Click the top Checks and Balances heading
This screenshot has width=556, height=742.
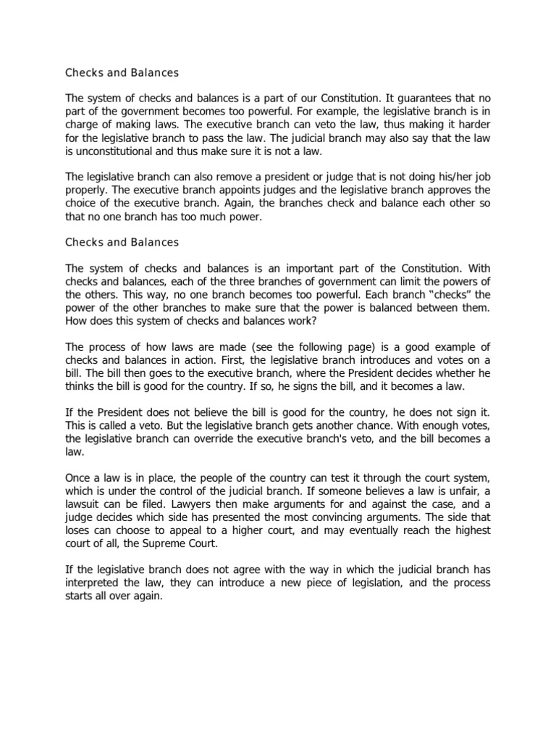(122, 72)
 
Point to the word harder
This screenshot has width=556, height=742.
(474, 125)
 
